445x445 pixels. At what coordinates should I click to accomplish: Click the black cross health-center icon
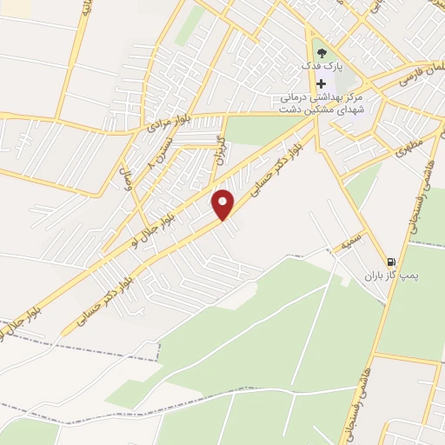320,83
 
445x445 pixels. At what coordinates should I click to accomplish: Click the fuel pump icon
390,260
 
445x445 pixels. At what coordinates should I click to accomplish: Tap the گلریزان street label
220,149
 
